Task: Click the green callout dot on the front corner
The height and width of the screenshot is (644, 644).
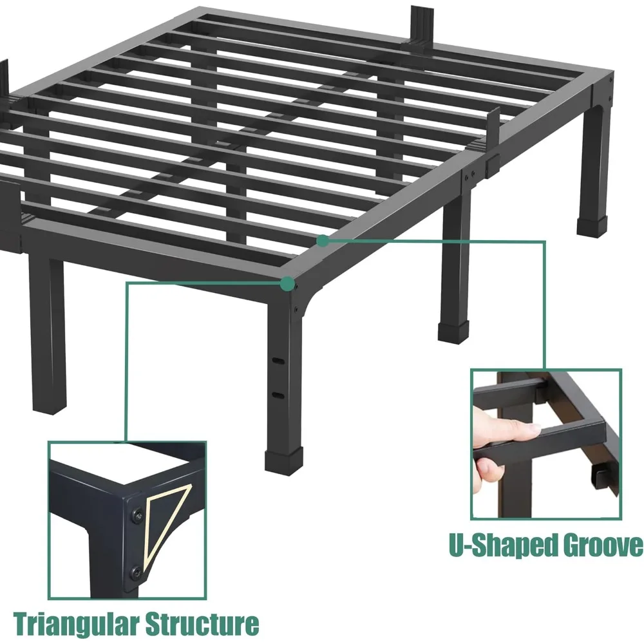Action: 288,283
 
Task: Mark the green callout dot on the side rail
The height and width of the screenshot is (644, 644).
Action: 323,240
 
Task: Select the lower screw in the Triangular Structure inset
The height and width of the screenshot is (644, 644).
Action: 137,570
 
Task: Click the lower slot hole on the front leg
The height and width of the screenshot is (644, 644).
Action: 278,394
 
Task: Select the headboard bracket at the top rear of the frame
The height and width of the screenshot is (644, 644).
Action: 422,26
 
